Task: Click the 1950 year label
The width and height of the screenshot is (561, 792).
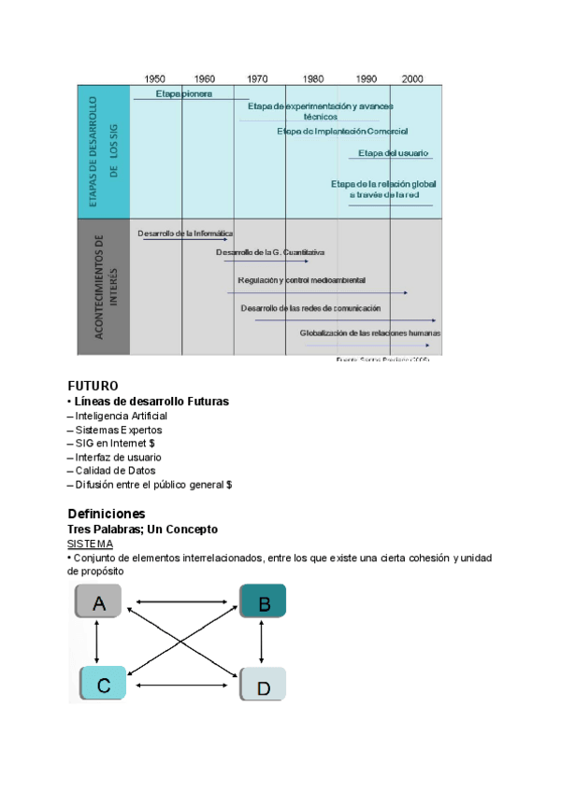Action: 155,78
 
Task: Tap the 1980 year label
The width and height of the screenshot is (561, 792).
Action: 314,78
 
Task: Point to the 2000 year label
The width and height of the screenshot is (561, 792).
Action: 411,78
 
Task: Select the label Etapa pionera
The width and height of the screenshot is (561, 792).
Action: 184,93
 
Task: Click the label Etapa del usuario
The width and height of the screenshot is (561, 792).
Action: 394,153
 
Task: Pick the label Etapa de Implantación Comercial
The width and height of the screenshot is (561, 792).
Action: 342,132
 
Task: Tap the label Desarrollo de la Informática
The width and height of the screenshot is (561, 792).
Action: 185,233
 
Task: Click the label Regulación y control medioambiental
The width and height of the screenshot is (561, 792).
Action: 301,280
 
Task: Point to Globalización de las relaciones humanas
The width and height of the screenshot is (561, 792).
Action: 370,332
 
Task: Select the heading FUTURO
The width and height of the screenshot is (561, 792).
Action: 93,385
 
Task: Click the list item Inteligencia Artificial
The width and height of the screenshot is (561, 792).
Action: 118,416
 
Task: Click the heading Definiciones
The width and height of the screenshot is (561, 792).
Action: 107,514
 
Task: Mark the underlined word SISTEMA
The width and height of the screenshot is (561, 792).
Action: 91,544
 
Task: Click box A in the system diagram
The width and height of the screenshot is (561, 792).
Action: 99,603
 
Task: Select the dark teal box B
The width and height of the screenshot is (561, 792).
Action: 263,603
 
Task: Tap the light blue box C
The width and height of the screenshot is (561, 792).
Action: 103,686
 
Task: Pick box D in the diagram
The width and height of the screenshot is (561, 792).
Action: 263,687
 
